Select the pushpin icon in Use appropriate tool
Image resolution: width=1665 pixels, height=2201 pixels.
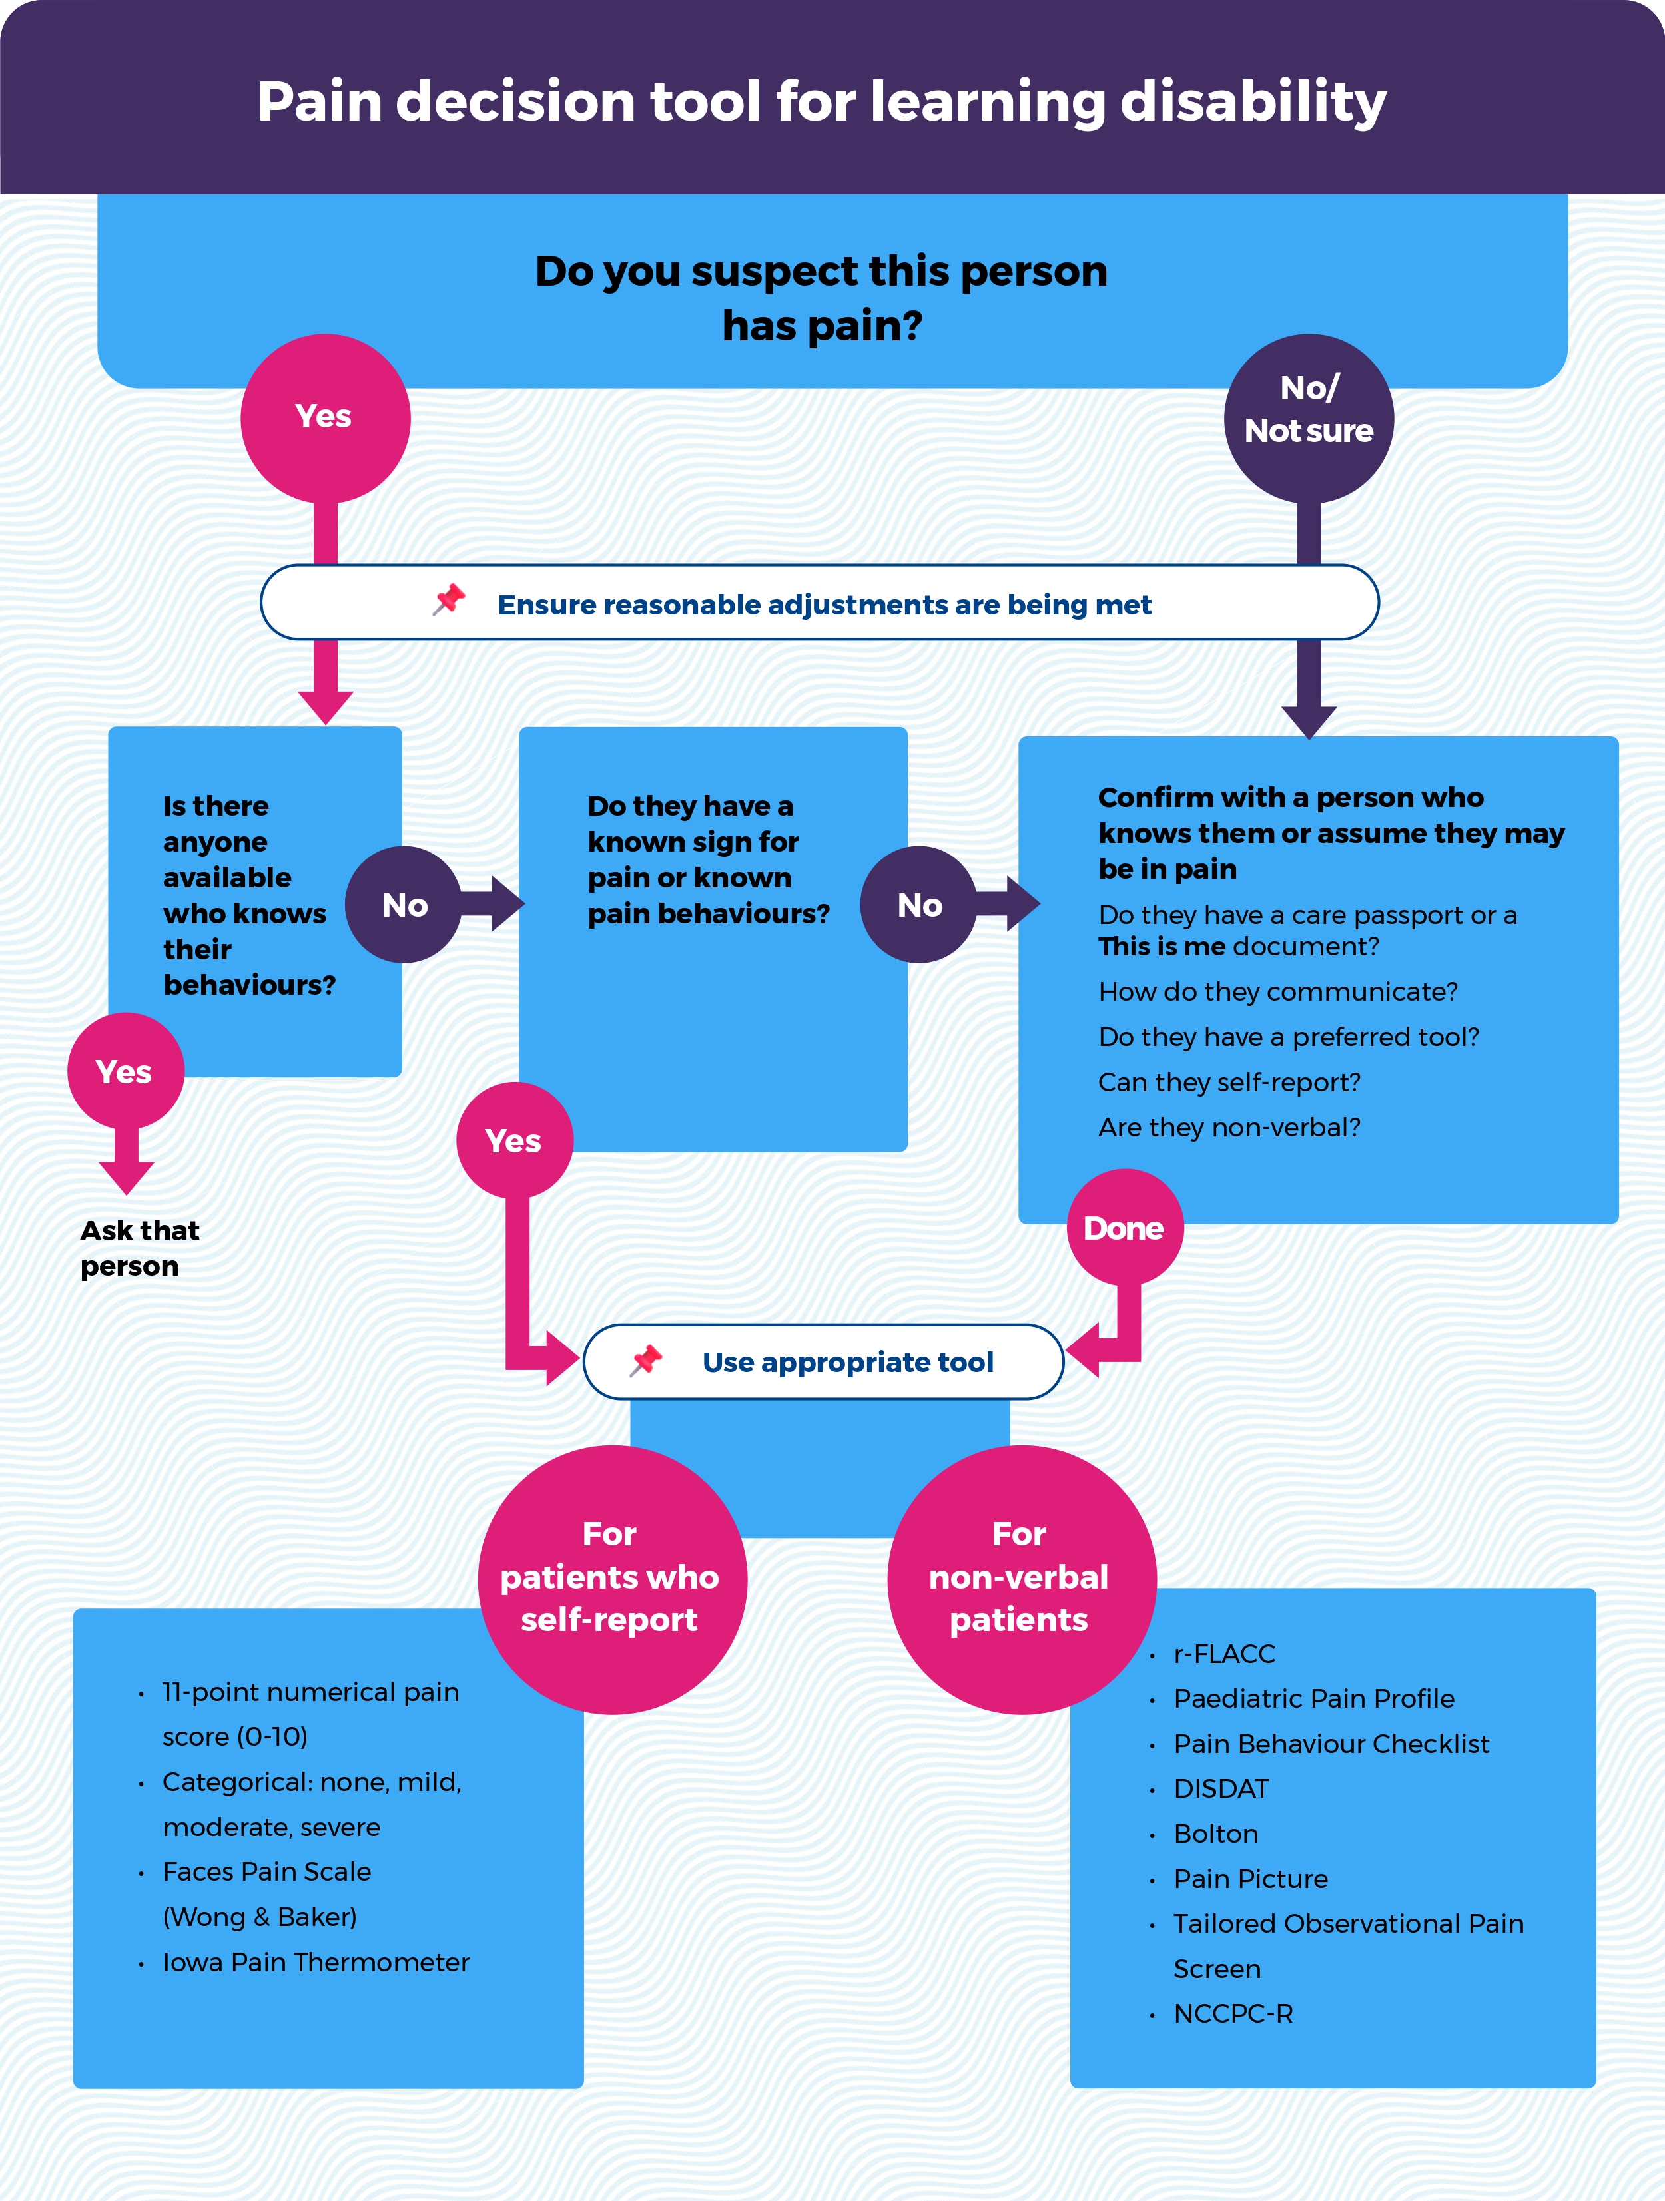tap(646, 1360)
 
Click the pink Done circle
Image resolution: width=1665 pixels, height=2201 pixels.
tap(1125, 1228)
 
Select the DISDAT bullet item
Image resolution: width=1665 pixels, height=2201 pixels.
tap(1221, 1789)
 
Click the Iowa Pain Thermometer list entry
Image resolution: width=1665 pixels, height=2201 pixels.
tap(316, 1962)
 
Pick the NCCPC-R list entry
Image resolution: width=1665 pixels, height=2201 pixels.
tap(1233, 2014)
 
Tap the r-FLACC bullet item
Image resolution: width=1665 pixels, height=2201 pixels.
tap(1224, 1654)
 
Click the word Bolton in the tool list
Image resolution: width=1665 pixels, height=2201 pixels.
tap(1216, 1834)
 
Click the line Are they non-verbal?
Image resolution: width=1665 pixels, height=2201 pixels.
tap(1229, 1127)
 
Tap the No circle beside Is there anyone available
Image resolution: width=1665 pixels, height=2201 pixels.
tap(404, 905)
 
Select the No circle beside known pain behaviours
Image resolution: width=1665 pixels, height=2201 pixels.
tap(918, 905)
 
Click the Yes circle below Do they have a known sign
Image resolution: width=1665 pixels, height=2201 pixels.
tap(513, 1140)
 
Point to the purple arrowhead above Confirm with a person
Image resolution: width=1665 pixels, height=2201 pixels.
tap(1308, 722)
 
